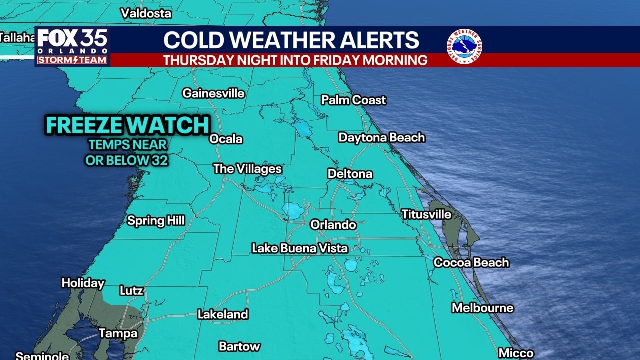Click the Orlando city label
coord(333,225)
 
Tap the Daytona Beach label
coord(382,137)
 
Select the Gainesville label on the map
coord(213,93)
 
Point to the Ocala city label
coord(226,139)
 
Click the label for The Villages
coord(247,169)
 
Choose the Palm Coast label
coord(353,100)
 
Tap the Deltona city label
coord(350,174)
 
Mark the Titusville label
coord(426,214)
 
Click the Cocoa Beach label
coord(471,262)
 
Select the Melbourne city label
coord(482,308)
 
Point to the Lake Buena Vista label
coord(300,248)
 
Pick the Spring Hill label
coord(156,220)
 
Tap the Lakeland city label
coord(223,314)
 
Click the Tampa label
coord(118,333)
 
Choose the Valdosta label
coord(146,13)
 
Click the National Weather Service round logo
coord(464,47)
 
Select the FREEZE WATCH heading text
coord(127,125)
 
